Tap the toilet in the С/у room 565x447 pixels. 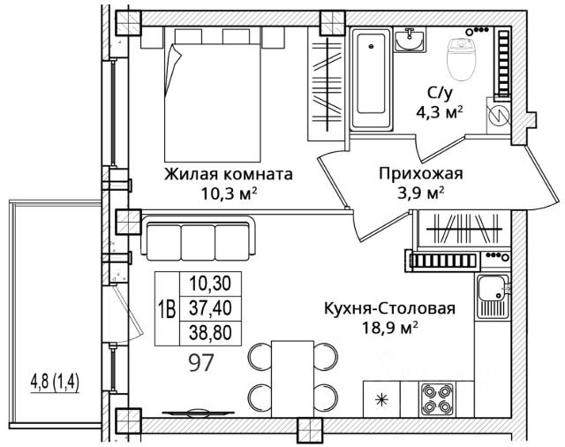point(461,60)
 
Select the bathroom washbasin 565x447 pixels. point(409,40)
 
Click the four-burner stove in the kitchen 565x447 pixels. point(438,398)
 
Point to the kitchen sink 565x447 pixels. point(493,297)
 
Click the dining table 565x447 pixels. point(293,378)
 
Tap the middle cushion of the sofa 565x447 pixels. point(198,242)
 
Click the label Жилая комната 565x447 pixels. point(229,175)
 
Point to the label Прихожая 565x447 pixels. point(420,174)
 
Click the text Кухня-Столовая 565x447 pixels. point(390,308)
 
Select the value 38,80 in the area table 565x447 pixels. point(210,332)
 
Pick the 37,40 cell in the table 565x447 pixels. point(210,308)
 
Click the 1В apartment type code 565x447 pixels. point(167,308)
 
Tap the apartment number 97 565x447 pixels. point(202,362)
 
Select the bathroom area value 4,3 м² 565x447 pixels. point(440,112)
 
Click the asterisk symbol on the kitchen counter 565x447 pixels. point(380,399)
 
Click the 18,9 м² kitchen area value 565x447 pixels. point(390,328)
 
